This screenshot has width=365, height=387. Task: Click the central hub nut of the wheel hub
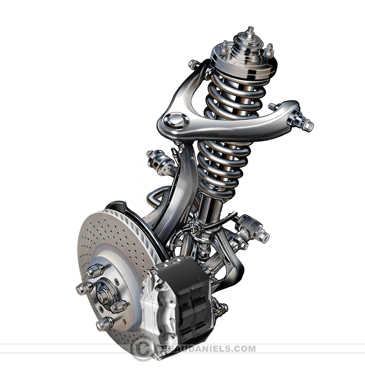point(103,294)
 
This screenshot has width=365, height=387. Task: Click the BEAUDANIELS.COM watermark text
point(207,349)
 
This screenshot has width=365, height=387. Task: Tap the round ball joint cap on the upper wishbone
point(176,120)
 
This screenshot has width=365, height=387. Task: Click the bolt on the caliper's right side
point(221,308)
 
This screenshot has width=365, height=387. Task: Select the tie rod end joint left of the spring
point(158,161)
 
